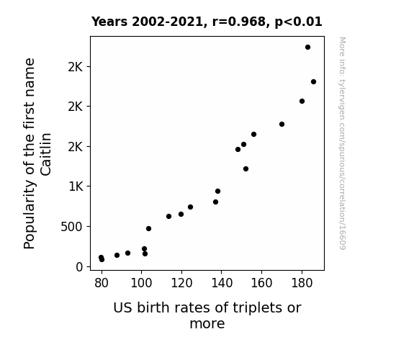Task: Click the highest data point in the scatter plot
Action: click(307, 48)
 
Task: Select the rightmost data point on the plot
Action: click(313, 82)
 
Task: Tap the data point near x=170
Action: click(282, 124)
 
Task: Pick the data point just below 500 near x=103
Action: click(148, 228)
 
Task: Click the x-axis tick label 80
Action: click(102, 283)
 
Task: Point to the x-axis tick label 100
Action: click(141, 283)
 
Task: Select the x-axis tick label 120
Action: click(181, 283)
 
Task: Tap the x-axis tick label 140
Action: click(222, 283)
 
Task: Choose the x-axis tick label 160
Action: click(261, 283)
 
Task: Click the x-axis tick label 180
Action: click(302, 283)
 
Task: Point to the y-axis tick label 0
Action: click(79, 267)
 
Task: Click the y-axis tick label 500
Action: click(71, 227)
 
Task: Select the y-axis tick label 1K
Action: click(76, 186)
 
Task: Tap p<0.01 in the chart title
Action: click(298, 22)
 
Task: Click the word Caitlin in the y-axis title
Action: click(45, 154)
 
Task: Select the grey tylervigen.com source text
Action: click(342, 143)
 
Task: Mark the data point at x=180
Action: click(302, 101)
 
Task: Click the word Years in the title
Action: click(109, 22)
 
